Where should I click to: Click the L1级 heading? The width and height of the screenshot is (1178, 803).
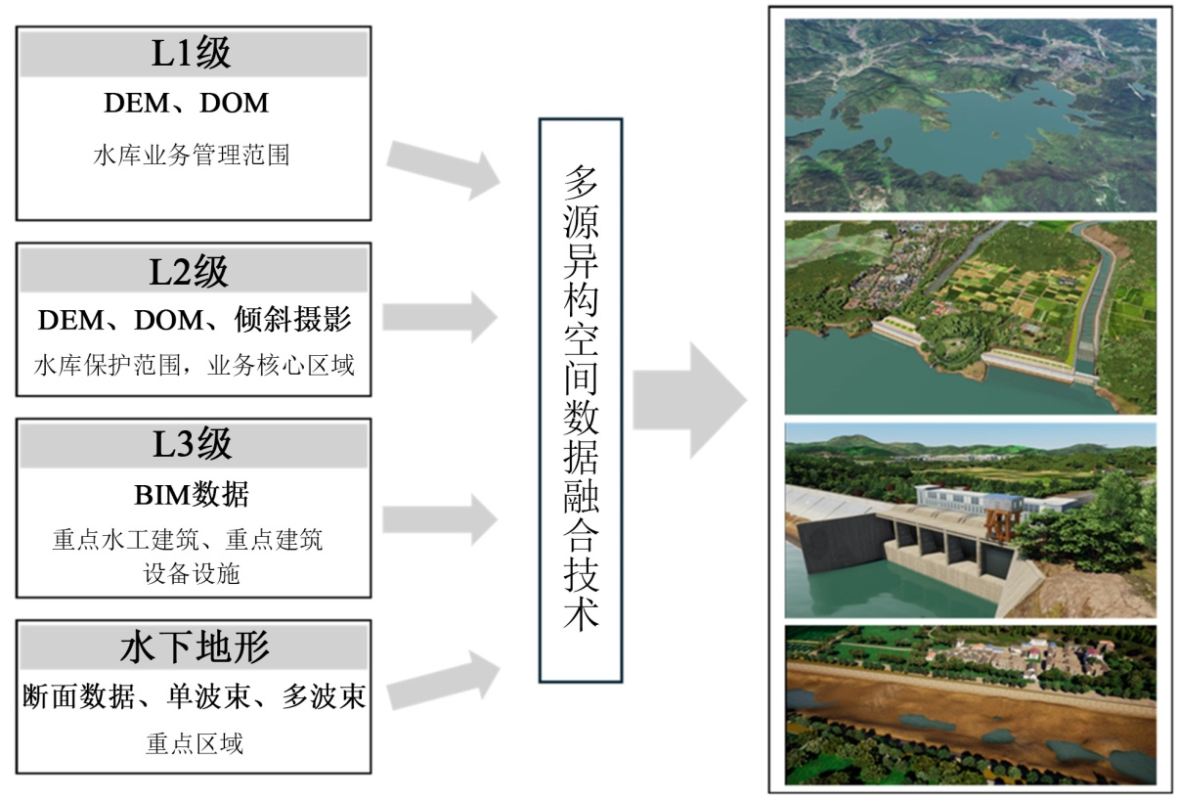[x=192, y=54]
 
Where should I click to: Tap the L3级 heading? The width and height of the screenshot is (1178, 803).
[x=192, y=445]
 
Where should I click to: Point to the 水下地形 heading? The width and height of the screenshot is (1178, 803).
[x=195, y=647]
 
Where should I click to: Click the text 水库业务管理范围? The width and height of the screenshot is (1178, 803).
[x=192, y=156]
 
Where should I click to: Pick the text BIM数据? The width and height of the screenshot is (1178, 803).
[x=192, y=495]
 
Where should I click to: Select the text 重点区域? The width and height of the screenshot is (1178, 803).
[x=194, y=744]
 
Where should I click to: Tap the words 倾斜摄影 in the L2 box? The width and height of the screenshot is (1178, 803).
[x=294, y=320]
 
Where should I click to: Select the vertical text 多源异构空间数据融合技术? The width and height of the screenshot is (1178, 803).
[x=581, y=399]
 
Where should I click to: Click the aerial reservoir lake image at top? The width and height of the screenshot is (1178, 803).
[x=970, y=114]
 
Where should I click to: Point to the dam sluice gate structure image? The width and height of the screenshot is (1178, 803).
[x=970, y=519]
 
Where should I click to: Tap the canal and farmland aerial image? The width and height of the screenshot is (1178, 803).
[x=970, y=317]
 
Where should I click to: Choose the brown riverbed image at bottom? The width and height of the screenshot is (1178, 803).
[x=970, y=704]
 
